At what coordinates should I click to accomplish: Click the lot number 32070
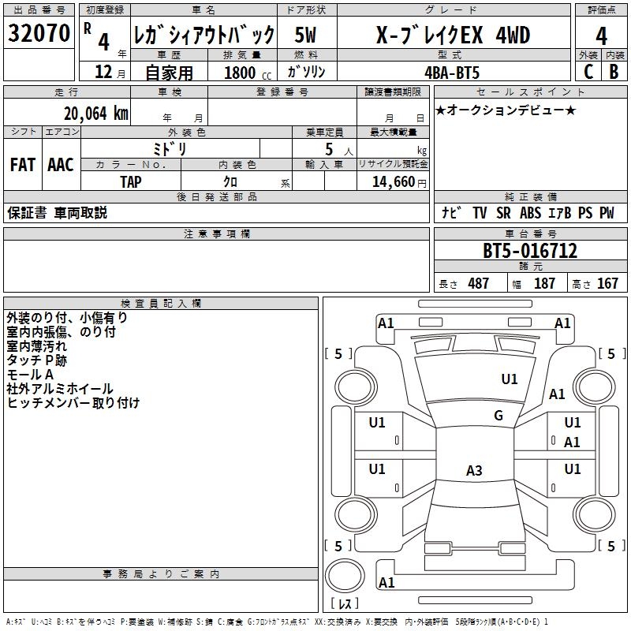tap(39, 33)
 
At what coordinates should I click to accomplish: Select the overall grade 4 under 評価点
tap(601, 35)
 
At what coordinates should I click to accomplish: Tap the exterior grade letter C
tap(588, 72)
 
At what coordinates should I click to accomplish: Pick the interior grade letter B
tap(614, 72)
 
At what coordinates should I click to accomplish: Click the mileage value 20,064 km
tap(96, 114)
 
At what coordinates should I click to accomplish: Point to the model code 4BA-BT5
tap(452, 73)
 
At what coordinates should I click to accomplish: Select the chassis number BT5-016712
tap(529, 251)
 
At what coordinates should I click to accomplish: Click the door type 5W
tap(305, 35)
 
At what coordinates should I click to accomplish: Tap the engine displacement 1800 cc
tap(248, 73)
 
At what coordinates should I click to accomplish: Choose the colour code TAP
tap(131, 182)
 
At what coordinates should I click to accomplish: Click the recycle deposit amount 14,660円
tap(399, 182)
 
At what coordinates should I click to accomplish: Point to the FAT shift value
tap(23, 165)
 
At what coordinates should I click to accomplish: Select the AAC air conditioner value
tap(61, 165)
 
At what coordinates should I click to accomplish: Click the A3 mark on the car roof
tap(474, 470)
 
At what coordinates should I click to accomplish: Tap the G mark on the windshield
tap(498, 416)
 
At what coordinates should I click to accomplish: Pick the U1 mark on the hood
tap(510, 379)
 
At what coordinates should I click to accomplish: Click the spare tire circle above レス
tap(345, 577)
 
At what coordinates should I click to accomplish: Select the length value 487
tap(479, 283)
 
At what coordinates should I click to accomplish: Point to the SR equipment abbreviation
tap(503, 213)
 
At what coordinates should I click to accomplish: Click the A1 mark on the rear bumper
tap(386, 582)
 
